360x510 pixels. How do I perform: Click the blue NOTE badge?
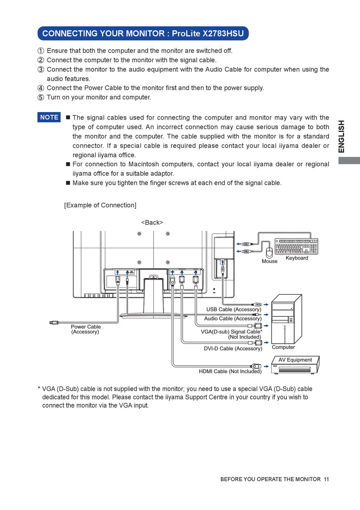pyautogui.click(x=49, y=117)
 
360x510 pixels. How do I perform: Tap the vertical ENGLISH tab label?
pyautogui.click(x=342, y=136)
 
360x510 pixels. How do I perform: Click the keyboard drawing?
pyautogui.click(x=296, y=246)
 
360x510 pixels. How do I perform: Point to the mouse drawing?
pyautogui.click(x=269, y=252)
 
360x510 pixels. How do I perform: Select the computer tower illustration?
pyautogui.click(x=286, y=319)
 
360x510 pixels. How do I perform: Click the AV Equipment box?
pyautogui.click(x=295, y=365)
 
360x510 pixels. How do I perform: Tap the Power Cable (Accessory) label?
pyautogui.click(x=86, y=329)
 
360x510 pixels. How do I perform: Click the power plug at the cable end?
pyautogui.click(x=54, y=323)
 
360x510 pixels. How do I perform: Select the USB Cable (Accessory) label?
pyautogui.click(x=233, y=310)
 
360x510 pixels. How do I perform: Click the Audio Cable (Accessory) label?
pyautogui.click(x=233, y=319)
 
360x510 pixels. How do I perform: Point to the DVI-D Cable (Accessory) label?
pyautogui.click(x=233, y=349)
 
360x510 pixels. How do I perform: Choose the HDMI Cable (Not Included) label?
pyautogui.click(x=230, y=371)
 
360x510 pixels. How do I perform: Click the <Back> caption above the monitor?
pyautogui.click(x=152, y=222)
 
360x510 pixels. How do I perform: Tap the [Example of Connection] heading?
pyautogui.click(x=100, y=205)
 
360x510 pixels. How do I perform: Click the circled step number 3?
pyautogui.click(x=41, y=69)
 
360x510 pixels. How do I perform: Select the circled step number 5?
pyautogui.click(x=41, y=97)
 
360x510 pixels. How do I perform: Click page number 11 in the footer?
pyautogui.click(x=326, y=479)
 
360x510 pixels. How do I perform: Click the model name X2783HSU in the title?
pyautogui.click(x=223, y=33)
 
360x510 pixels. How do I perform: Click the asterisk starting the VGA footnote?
pyautogui.click(x=39, y=388)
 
